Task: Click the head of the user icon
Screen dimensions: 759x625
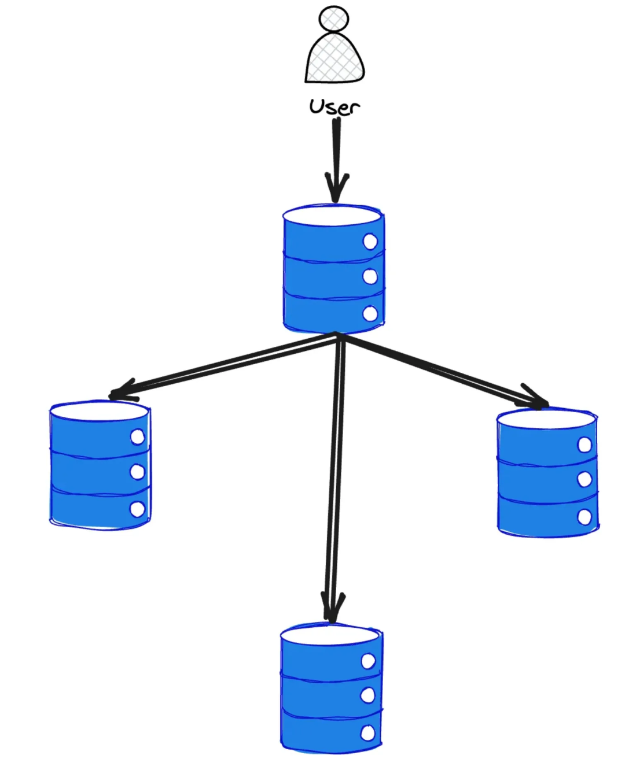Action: coord(334,18)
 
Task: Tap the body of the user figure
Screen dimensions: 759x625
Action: coord(335,58)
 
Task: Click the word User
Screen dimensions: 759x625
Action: coord(334,107)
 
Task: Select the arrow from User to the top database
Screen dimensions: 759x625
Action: coord(336,156)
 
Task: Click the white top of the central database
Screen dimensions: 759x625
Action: coord(332,216)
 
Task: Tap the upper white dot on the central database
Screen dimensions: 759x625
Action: coord(370,242)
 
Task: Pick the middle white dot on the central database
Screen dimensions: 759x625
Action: coord(370,277)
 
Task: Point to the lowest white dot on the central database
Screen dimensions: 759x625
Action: coord(370,314)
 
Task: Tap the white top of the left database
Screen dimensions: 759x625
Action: coord(100,411)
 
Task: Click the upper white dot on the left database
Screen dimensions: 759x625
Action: coord(138,437)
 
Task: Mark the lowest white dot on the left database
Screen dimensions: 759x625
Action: coord(138,509)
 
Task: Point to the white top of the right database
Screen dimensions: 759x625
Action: coord(546,419)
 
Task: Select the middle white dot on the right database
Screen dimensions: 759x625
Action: coord(584,480)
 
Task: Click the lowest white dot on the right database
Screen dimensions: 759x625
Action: coord(584,517)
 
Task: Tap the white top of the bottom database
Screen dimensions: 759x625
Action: coord(330,634)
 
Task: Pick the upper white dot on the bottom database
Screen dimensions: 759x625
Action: coord(368,661)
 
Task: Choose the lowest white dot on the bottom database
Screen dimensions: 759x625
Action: coord(368,734)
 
